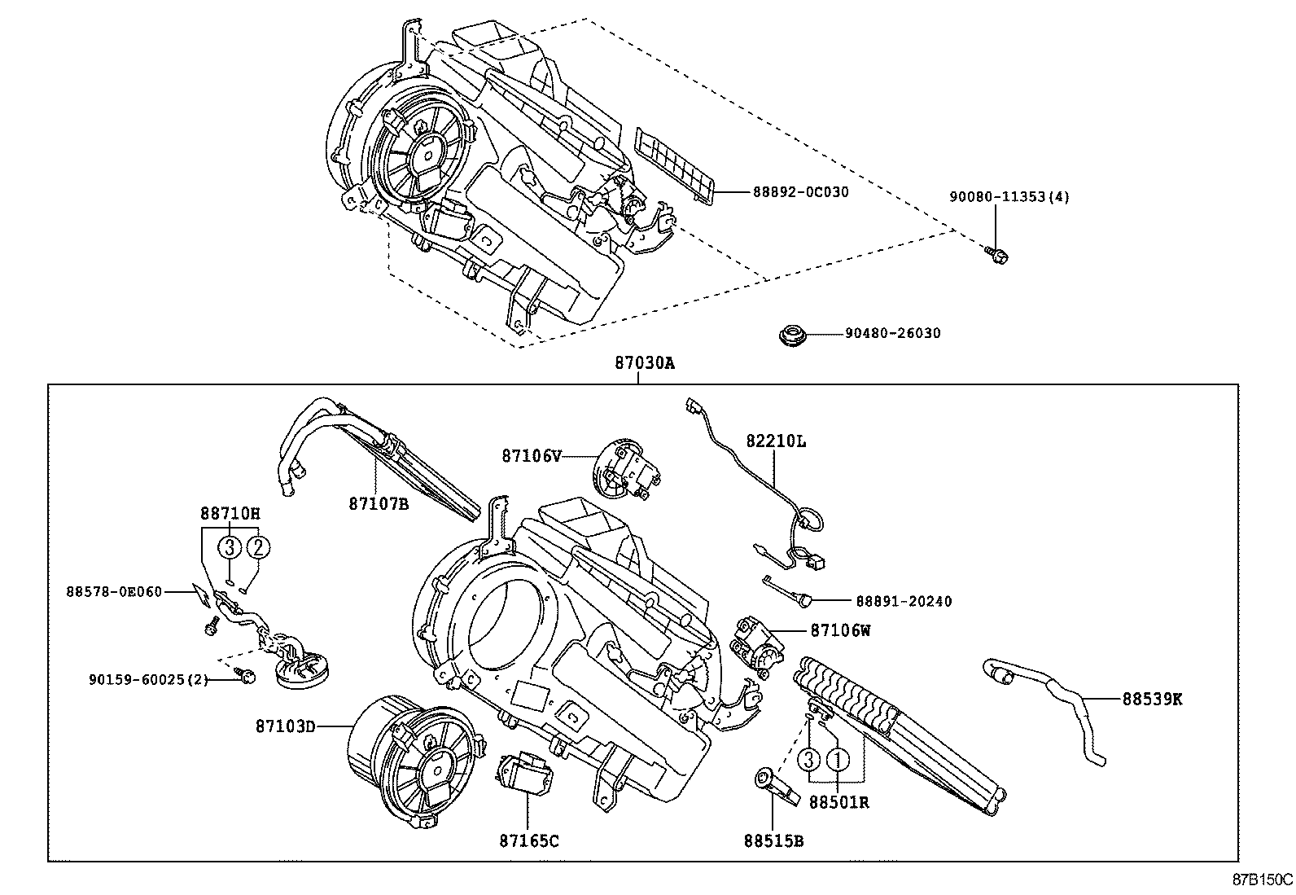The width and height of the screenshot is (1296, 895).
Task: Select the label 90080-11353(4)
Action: (x=1009, y=197)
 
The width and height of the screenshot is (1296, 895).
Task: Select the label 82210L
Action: (x=776, y=441)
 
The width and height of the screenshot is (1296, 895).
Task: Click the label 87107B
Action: (x=379, y=504)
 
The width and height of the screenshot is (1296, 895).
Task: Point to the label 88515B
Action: (x=773, y=840)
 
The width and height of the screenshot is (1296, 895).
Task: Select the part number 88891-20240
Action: (x=903, y=601)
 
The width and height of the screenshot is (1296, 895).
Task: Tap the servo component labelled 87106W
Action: (x=758, y=645)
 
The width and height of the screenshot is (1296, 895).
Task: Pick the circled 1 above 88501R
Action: (x=837, y=760)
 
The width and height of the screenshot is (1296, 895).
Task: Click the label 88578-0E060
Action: (x=114, y=591)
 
